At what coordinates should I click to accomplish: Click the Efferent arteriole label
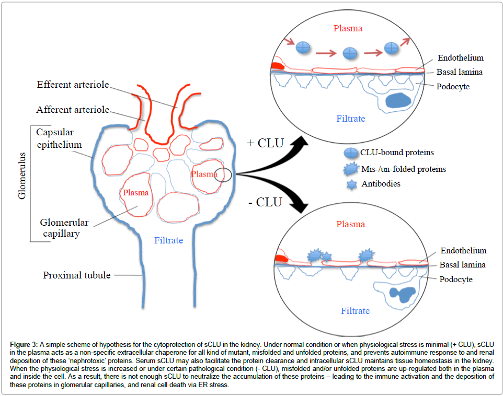[x=73, y=84]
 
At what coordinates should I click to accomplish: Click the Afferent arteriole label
[x=73, y=110]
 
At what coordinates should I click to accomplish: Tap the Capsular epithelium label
[x=59, y=137]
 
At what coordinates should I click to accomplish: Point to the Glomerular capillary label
[x=64, y=228]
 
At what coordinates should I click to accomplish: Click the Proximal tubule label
[x=76, y=275]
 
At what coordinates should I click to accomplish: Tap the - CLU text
[x=265, y=202]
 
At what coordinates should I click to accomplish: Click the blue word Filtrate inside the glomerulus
[x=168, y=241]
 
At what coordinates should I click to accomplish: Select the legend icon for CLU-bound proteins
[x=350, y=153]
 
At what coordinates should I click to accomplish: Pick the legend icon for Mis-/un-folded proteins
[x=350, y=169]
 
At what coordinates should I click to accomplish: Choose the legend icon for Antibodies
[x=350, y=184]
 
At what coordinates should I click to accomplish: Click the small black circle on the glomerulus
[x=223, y=174]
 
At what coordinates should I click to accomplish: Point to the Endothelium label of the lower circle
[x=463, y=251]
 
